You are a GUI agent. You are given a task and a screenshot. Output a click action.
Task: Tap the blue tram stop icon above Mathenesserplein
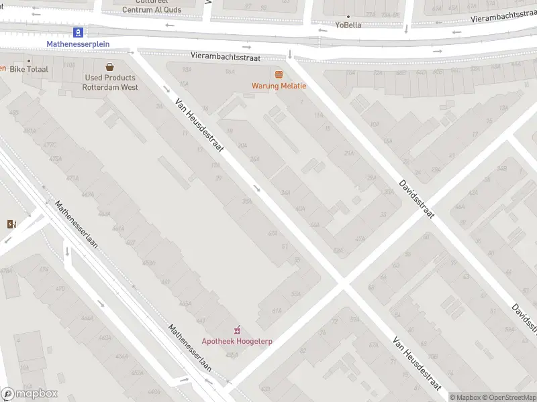click(79, 31)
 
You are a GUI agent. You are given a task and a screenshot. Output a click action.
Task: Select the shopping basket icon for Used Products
click(109, 66)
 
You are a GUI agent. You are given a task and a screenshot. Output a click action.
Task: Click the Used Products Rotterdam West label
click(110, 82)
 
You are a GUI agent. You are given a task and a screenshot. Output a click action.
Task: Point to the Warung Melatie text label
click(279, 86)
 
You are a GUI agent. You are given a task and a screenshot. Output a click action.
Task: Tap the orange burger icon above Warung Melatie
click(279, 74)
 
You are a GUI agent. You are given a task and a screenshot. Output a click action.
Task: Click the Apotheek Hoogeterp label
click(237, 341)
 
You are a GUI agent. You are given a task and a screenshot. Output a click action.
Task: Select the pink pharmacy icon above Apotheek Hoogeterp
click(236, 330)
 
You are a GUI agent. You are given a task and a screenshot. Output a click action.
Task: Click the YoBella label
click(348, 25)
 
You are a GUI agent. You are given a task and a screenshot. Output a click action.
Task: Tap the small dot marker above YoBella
click(348, 16)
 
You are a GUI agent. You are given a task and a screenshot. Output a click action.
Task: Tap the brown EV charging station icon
click(11, 224)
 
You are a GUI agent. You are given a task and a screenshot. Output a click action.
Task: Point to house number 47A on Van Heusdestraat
click(272, 234)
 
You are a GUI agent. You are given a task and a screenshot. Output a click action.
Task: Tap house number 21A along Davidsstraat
click(348, 153)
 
